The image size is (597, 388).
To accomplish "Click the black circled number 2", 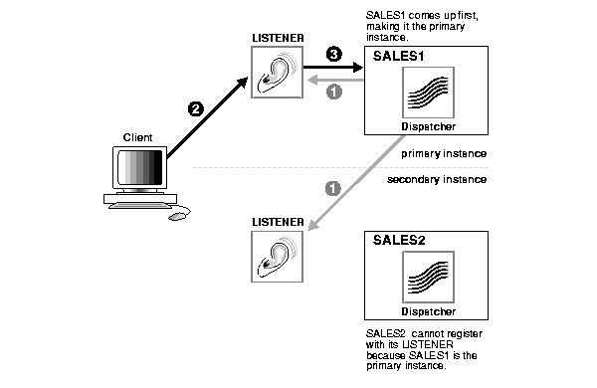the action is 196,109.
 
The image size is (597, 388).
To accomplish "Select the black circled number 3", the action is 334,54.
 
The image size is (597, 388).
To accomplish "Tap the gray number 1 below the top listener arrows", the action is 334,92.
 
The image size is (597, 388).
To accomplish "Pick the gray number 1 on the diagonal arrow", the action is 332,188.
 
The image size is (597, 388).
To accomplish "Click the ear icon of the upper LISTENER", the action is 278,73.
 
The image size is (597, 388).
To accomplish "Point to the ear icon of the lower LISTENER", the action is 278,257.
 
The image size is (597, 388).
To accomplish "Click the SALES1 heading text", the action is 398,57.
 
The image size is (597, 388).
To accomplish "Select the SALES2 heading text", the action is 399,241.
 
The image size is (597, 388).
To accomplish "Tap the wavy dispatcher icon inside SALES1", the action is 428,93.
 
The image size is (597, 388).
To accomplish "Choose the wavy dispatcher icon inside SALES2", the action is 428,278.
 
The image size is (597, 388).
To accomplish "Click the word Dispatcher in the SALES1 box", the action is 428,126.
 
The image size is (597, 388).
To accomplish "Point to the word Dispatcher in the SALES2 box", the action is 428,311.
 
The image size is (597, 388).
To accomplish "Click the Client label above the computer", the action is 137,137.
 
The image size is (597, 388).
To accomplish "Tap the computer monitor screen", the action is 139,167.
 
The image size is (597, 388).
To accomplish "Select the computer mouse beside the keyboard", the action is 177,217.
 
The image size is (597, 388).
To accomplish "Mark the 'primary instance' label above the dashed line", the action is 444,154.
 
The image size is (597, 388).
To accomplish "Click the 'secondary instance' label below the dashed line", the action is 437,179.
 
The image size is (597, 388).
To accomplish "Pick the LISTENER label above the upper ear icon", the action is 278,38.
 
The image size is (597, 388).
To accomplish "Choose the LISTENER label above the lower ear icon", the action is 278,222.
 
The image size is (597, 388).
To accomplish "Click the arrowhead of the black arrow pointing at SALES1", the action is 358,68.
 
